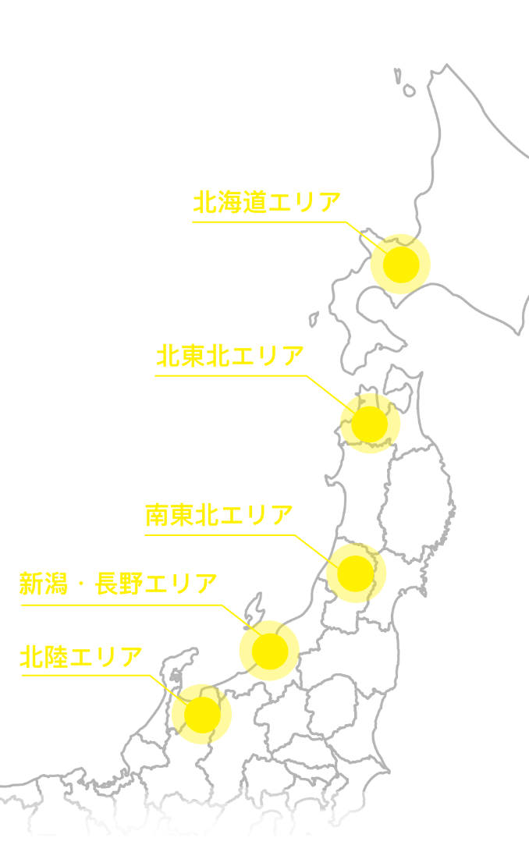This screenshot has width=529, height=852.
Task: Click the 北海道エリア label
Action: point(267,203)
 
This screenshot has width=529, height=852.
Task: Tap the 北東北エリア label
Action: point(229,357)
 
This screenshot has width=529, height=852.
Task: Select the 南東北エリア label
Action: point(219,516)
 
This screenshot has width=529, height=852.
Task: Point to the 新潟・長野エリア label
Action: point(118,584)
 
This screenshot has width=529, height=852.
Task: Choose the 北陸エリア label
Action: point(81,657)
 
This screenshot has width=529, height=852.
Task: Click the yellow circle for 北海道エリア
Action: point(400,264)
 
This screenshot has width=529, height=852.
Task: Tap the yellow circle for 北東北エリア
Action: point(370,424)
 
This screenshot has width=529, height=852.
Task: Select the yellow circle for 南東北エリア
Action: point(356,573)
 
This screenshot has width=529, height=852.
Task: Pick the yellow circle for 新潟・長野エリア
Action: point(269,651)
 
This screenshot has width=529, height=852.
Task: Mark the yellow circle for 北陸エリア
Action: point(201,714)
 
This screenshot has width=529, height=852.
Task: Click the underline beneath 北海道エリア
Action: point(265,222)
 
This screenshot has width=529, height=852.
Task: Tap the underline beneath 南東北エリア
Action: point(219,535)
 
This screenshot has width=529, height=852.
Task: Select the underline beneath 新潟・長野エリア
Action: point(118,605)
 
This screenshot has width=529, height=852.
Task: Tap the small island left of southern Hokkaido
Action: point(313,319)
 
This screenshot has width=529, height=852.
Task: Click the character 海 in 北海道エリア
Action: point(229,203)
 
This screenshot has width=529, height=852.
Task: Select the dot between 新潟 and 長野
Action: point(81,584)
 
